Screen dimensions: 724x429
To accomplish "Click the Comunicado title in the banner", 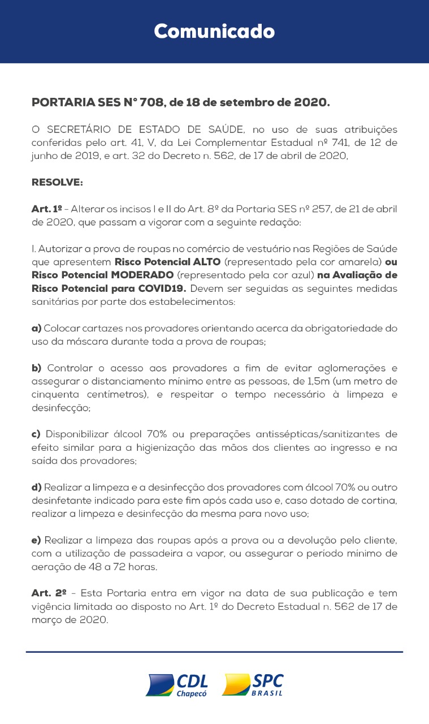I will point(214,31).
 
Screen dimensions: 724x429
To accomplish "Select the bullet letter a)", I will point(37,329).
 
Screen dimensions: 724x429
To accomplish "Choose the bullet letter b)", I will point(37,368).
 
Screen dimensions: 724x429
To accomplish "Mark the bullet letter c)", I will point(37,434).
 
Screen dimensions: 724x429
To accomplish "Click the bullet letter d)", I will point(37,488).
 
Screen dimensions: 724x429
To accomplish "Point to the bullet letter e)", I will point(37,540).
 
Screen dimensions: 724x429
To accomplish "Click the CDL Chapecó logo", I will point(177,684).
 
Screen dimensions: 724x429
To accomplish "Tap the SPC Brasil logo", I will point(253,684).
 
